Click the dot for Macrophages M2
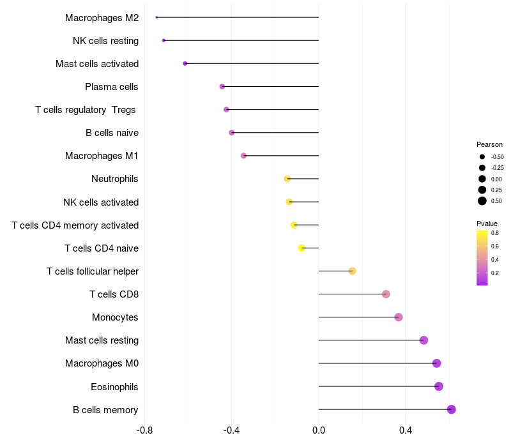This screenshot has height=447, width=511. [156, 17]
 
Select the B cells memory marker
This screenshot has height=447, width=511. [452, 409]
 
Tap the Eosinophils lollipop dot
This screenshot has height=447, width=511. [438, 386]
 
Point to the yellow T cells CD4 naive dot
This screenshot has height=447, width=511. [302, 248]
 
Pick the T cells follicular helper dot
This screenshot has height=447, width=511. [352, 271]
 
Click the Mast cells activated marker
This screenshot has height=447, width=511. [185, 63]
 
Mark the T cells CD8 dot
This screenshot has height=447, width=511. [386, 294]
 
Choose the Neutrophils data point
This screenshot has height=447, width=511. [287, 179]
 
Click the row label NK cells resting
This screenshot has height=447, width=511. [105, 41]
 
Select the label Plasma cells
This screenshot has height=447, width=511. [111, 87]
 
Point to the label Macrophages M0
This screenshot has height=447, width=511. [102, 363]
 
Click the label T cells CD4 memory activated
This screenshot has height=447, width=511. [75, 225]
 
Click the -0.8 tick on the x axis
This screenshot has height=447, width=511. [145, 430]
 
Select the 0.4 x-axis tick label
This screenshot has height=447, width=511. [406, 430]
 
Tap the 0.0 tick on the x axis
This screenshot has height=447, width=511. [319, 430]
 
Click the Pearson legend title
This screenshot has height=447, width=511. [489, 144]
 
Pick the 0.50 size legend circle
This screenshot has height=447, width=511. [482, 201]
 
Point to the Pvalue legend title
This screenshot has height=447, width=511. [487, 223]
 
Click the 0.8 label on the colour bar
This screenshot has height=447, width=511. [495, 233]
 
